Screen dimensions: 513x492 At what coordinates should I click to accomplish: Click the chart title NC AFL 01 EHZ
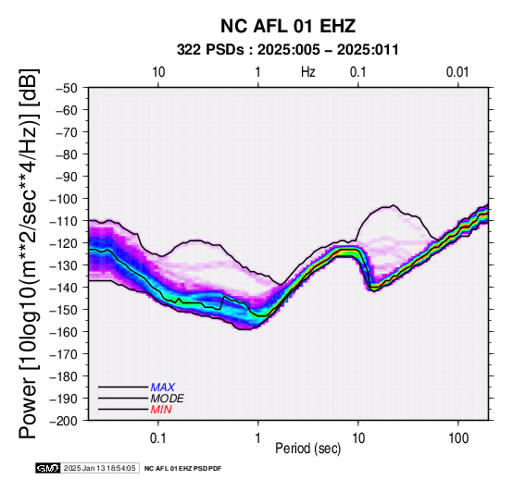288,26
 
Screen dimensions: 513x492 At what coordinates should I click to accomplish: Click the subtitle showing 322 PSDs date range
288,50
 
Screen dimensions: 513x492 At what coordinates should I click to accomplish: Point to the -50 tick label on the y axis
67,88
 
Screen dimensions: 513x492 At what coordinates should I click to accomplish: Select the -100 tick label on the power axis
64,199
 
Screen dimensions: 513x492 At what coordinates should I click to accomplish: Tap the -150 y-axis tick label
64,310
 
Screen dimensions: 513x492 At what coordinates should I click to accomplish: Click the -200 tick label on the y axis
64,421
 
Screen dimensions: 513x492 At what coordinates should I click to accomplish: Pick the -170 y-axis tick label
64,354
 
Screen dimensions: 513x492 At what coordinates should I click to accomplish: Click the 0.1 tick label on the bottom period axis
158,438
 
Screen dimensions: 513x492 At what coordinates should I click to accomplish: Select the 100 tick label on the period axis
458,438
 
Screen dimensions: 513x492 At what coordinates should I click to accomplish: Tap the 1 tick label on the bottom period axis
257,438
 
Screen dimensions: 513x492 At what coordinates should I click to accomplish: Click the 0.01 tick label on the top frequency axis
457,72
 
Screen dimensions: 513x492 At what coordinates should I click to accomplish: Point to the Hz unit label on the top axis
308,72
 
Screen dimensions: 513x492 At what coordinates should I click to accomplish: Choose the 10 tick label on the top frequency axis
158,72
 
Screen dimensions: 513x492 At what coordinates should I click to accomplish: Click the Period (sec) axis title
308,449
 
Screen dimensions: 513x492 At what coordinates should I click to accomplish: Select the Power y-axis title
28,253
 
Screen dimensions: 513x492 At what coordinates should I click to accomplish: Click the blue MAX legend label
163,387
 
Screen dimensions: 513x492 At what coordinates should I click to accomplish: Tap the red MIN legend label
161,410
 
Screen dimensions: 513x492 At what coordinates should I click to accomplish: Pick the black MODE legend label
168,399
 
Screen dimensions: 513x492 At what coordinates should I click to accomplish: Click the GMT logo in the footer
48,468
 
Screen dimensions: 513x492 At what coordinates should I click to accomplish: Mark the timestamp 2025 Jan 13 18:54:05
99,468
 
